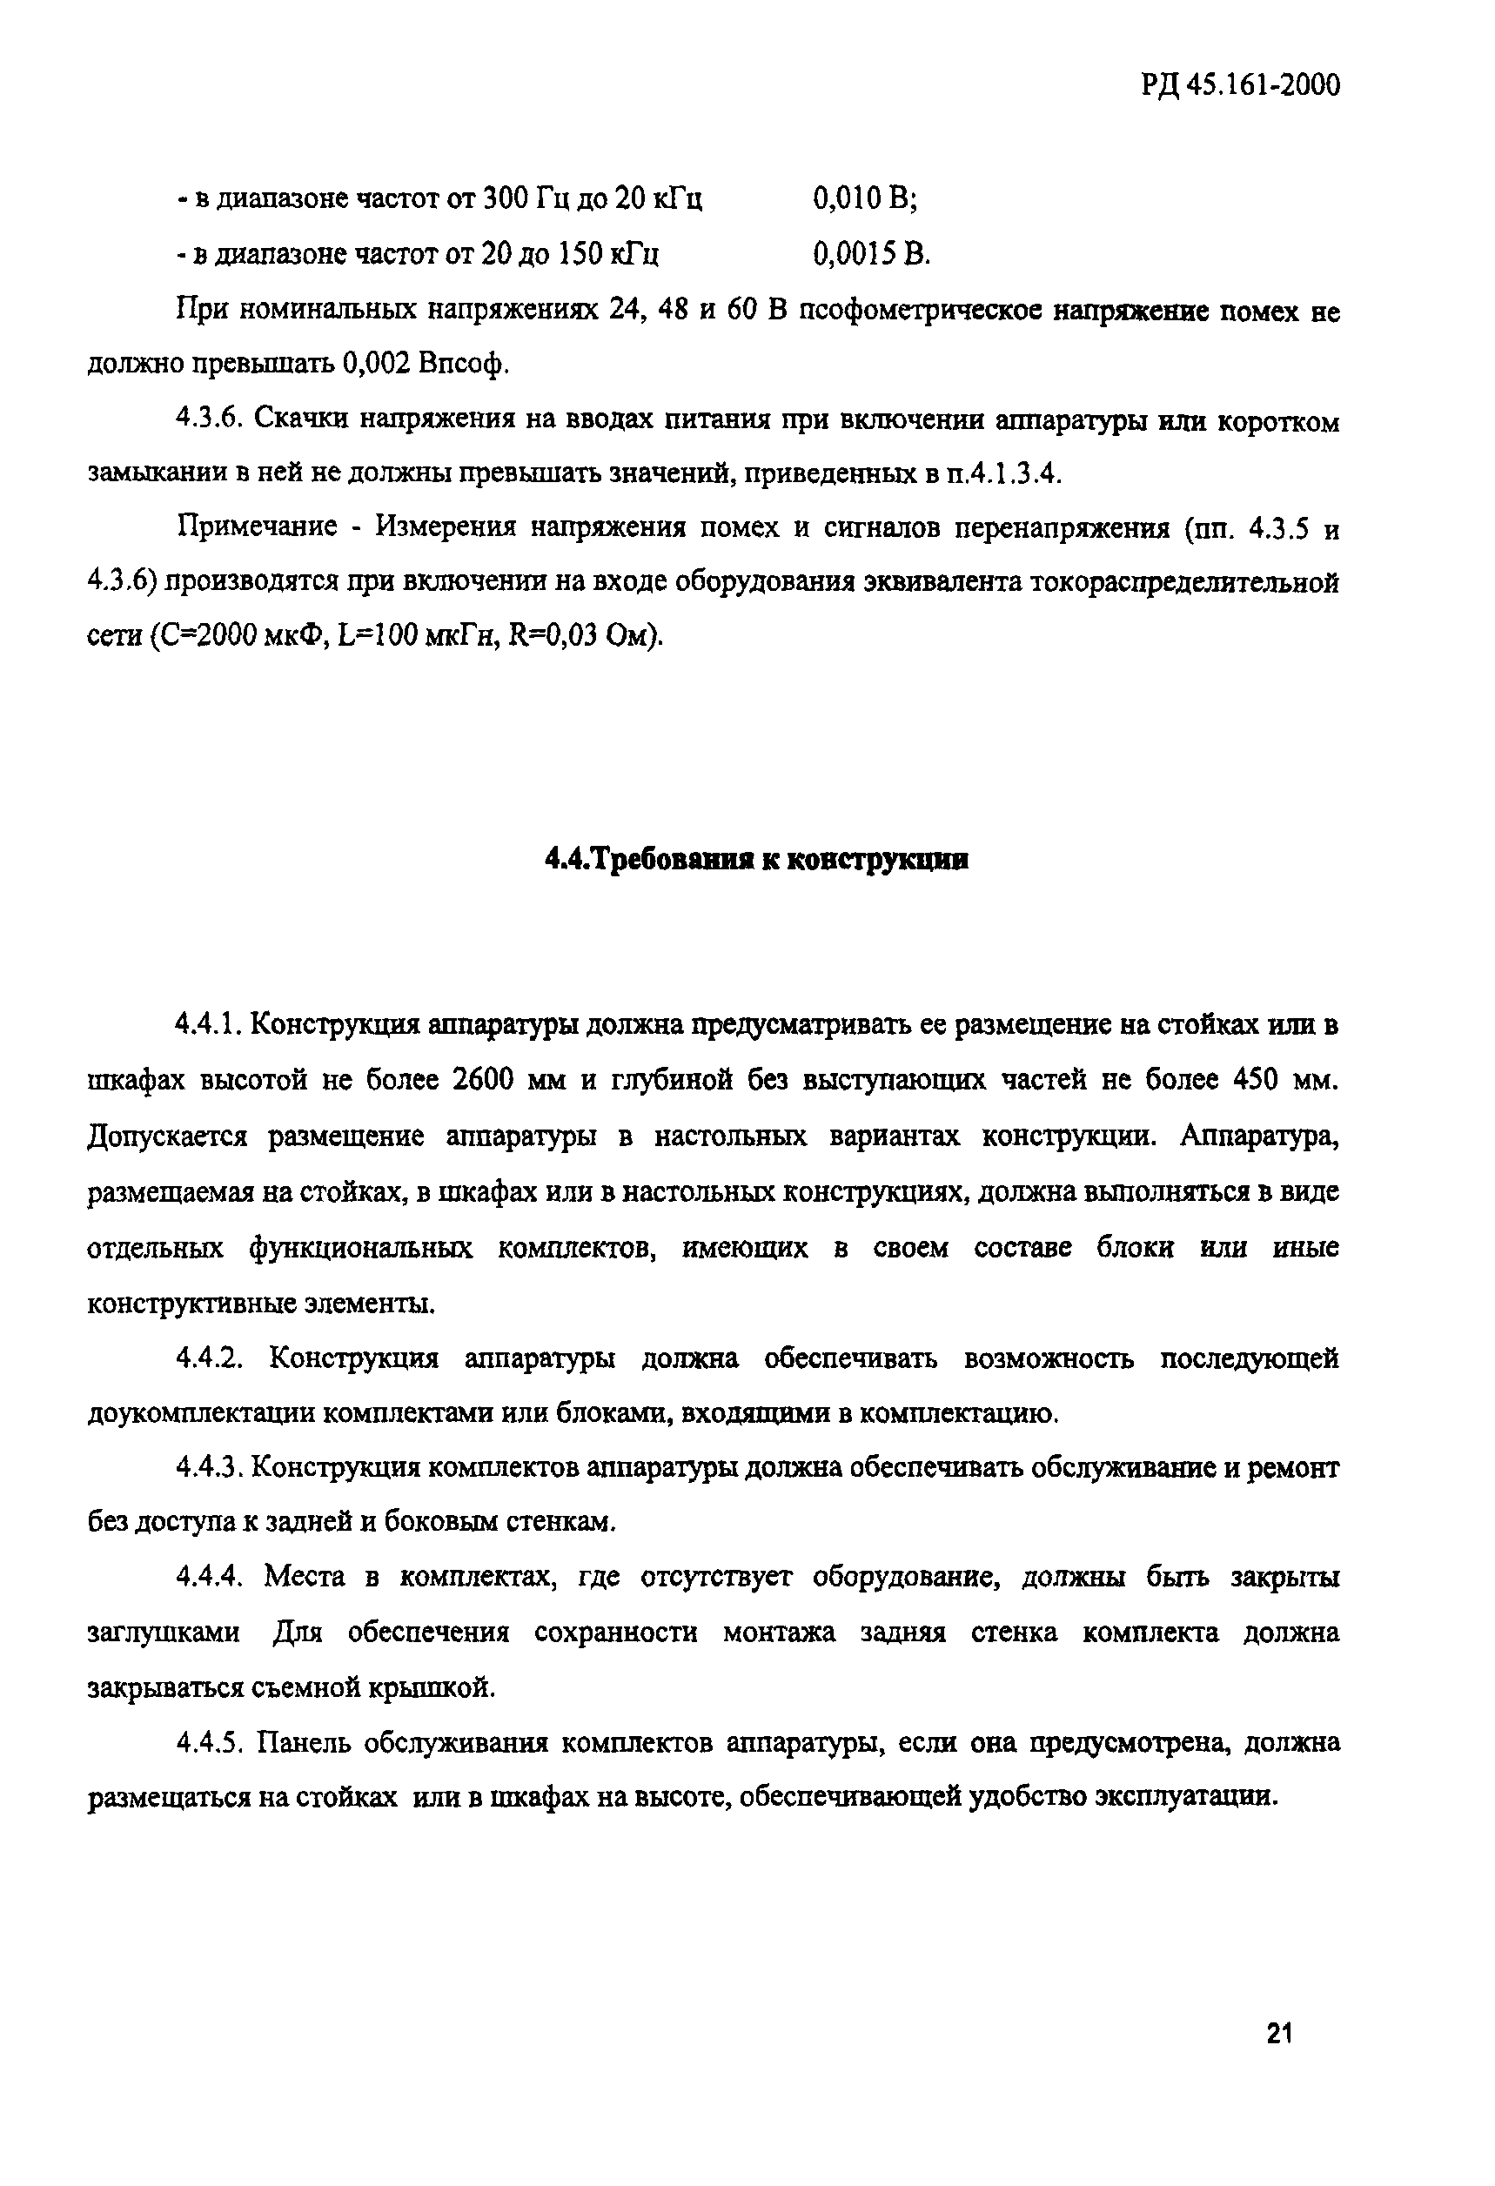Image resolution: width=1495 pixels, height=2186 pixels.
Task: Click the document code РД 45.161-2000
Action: (1241, 86)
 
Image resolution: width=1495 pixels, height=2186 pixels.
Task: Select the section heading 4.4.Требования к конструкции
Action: (756, 860)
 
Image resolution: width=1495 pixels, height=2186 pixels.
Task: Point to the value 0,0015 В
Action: (870, 254)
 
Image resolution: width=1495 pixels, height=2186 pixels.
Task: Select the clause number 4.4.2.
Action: (210, 1359)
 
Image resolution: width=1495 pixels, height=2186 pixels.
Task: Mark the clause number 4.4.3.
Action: (210, 1467)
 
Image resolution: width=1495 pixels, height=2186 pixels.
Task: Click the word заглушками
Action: (163, 1633)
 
